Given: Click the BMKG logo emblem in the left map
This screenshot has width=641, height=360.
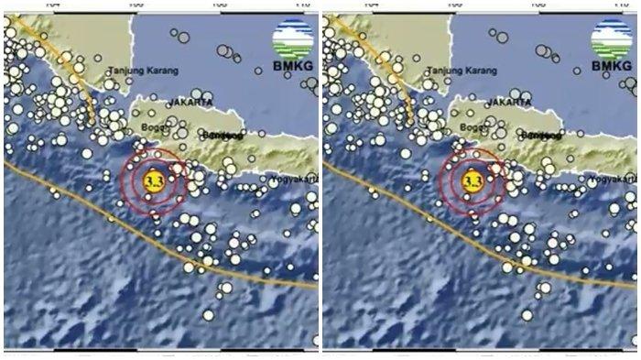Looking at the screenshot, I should [292, 38].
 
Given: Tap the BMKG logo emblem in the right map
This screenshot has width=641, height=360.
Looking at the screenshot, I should [611, 38].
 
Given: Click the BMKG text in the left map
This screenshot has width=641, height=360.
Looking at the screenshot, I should [292, 67].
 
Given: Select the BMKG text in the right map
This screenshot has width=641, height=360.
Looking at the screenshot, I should [611, 67].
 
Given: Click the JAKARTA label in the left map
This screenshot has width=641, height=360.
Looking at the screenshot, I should [190, 104].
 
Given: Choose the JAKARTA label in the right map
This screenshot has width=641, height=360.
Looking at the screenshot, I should [509, 104].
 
